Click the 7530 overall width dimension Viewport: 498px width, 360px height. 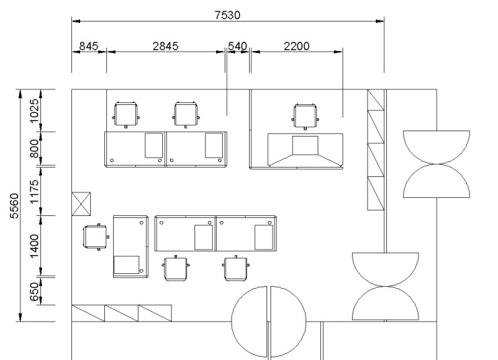(x=227, y=15)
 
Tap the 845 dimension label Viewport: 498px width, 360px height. (x=89, y=46)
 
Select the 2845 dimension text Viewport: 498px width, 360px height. (x=166, y=46)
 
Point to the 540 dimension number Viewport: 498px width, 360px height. (x=238, y=46)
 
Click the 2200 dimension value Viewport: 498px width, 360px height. (x=296, y=46)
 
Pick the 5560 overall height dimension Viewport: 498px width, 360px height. (x=15, y=206)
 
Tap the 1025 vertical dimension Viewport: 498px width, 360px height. (x=34, y=110)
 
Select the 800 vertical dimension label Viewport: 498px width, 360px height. (x=34, y=149)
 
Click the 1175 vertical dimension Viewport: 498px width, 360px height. (x=34, y=192)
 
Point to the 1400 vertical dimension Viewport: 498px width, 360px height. (x=34, y=246)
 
